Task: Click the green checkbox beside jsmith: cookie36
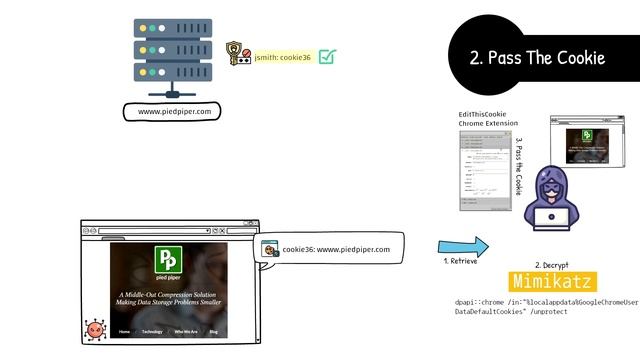click(x=327, y=56)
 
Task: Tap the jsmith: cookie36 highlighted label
click(x=283, y=57)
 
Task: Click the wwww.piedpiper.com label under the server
click(x=175, y=111)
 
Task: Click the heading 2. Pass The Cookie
click(x=537, y=58)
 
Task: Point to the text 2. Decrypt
click(x=552, y=264)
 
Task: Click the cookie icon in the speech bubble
click(x=270, y=248)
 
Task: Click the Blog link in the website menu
click(x=213, y=331)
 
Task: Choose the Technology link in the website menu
click(x=152, y=331)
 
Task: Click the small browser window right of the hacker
click(x=580, y=141)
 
